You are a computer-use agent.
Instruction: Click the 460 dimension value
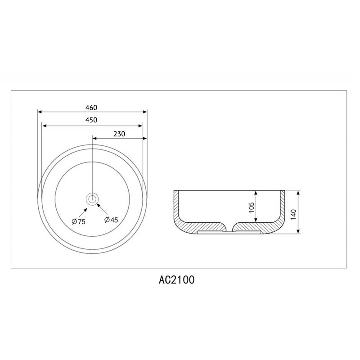click(91, 108)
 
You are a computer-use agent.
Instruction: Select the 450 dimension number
click(91, 120)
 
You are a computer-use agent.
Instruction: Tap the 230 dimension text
click(119, 134)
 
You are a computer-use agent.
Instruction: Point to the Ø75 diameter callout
click(78, 221)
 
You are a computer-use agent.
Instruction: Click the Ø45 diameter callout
click(111, 220)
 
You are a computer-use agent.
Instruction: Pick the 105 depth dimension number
click(252, 207)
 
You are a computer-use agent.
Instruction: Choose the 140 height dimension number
click(293, 215)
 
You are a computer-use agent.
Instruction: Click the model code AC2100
click(176, 280)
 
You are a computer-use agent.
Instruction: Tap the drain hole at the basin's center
click(92, 198)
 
